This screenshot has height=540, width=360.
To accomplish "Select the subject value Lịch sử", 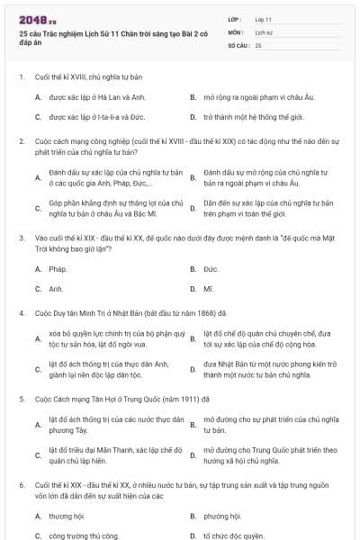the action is click(263, 31).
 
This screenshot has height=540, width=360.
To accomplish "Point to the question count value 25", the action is click(258, 44).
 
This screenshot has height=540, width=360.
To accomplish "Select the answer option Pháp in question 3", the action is click(58, 269).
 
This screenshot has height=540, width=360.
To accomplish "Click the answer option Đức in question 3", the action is click(211, 269).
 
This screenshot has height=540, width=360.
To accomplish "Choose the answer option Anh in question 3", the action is click(56, 289).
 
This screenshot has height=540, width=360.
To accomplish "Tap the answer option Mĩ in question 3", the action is click(209, 289).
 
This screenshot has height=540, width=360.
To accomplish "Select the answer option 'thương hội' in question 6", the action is click(66, 517).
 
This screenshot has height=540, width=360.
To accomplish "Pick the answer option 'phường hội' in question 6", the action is click(221, 517).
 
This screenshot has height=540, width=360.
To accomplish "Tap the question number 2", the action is click(21, 141).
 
